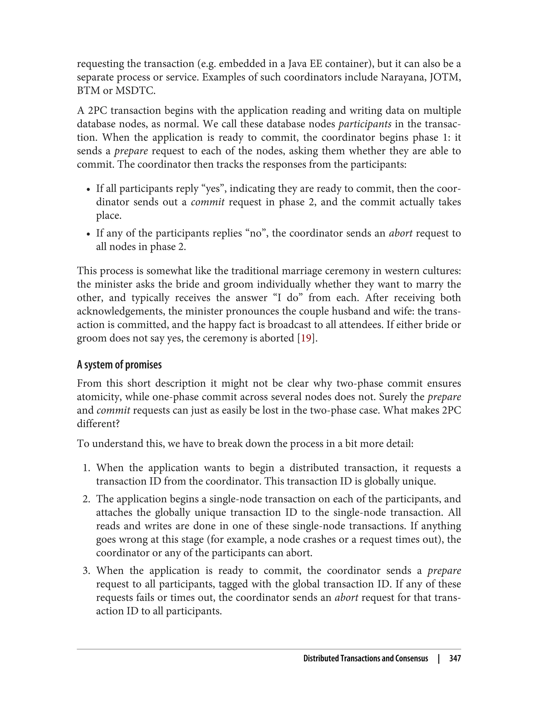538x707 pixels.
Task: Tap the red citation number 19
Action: [x=306, y=338]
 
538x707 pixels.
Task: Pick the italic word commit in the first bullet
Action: [x=208, y=202]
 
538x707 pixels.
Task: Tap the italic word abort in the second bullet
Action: [x=401, y=233]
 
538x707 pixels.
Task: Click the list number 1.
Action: [x=86, y=468]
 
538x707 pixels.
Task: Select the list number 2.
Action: [x=86, y=499]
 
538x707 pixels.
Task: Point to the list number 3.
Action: [x=86, y=571]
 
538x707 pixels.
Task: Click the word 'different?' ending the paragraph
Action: [x=98, y=424]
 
